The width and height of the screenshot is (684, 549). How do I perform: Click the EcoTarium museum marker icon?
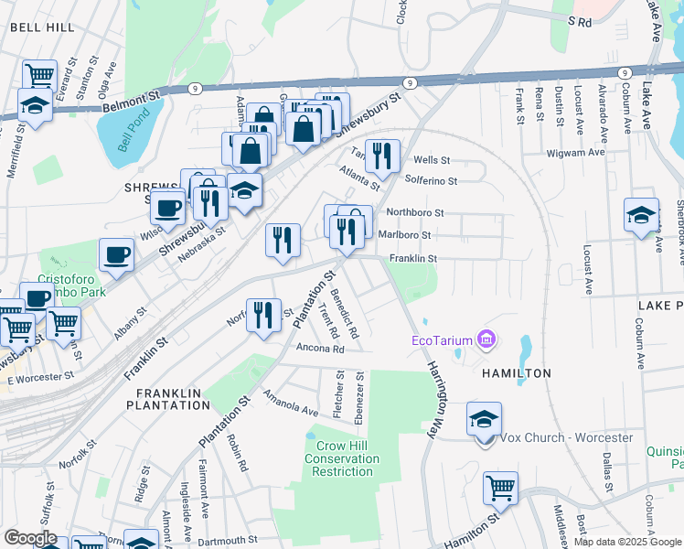click(x=486, y=341)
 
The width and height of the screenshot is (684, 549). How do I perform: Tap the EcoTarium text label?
click(x=440, y=341)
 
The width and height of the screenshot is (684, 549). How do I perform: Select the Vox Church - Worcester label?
click(x=566, y=437)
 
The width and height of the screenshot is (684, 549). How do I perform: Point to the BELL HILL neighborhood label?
click(x=42, y=28)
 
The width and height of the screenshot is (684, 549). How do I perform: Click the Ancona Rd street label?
click(x=319, y=349)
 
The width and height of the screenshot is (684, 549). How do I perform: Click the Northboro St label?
click(x=415, y=212)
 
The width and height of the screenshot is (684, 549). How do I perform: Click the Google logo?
click(x=30, y=538)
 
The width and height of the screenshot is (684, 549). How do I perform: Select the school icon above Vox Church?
click(x=484, y=418)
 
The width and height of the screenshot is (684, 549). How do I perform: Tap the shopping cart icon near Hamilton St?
click(x=501, y=487)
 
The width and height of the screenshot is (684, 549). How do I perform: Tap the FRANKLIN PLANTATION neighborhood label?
click(x=174, y=398)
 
